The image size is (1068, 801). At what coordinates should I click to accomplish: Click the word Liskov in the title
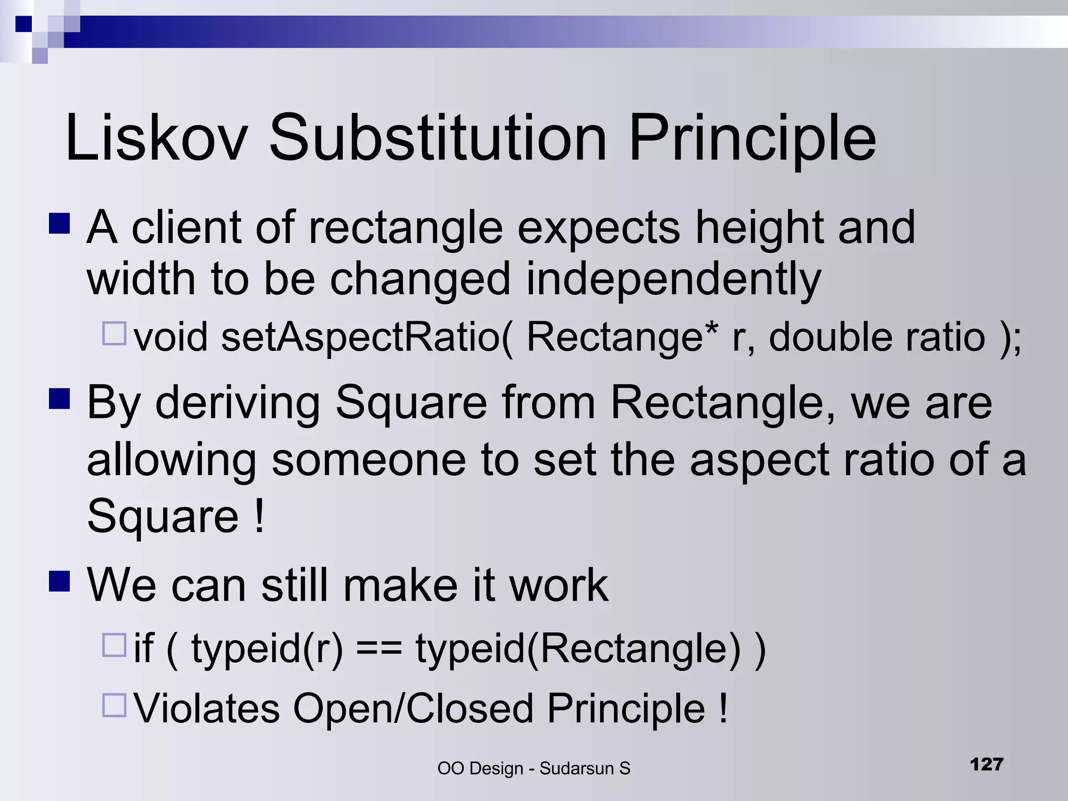[x=156, y=138]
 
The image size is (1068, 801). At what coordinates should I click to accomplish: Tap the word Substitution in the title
[x=438, y=138]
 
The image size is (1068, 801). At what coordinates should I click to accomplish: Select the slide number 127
[x=987, y=764]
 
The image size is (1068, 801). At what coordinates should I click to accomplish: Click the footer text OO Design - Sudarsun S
[x=533, y=768]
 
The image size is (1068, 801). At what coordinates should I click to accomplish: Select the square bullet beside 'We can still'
[x=59, y=580]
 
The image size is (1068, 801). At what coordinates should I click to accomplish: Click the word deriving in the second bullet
[x=237, y=403]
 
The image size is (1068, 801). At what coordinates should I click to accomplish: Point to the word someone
[x=368, y=460]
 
